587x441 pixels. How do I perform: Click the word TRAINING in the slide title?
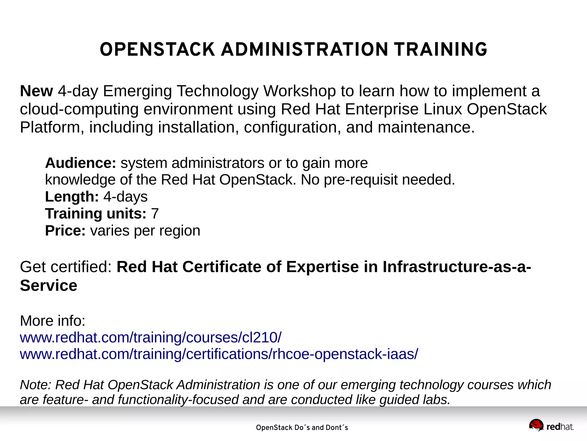441,50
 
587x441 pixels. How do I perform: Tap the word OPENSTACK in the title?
157,50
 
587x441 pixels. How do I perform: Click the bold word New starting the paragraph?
36,91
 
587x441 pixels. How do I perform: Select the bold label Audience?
81,163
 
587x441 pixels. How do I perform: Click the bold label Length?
72,197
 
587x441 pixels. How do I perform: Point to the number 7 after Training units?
155,214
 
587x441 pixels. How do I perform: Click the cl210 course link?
150,338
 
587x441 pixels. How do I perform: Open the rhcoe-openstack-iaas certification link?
219,354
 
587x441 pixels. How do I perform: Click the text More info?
52,321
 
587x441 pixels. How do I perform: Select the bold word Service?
48,285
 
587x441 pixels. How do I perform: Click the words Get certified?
66,267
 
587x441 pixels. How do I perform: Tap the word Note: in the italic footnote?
35,385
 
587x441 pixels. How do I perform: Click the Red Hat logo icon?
536,425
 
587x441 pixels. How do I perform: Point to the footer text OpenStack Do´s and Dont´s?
302,428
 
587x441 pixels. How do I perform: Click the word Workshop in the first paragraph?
300,91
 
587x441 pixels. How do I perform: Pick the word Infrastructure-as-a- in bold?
457,267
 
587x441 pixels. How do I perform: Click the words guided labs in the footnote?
415,400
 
